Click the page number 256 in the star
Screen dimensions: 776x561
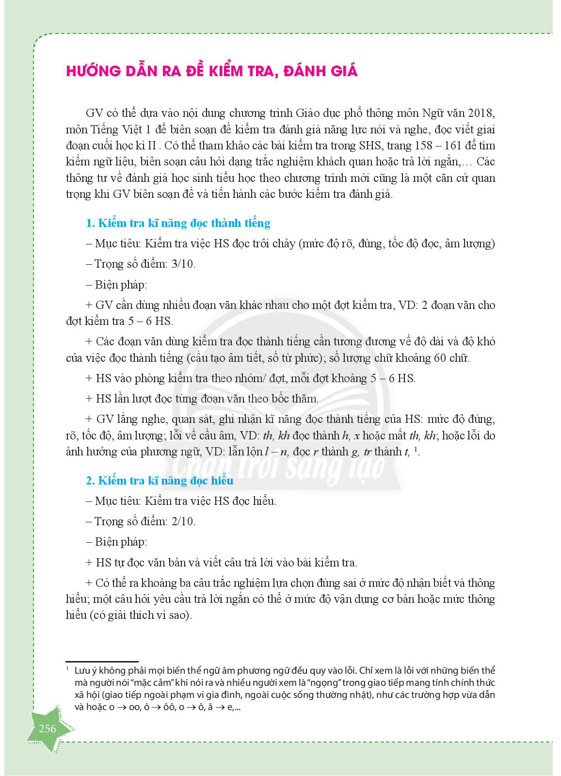tap(48, 728)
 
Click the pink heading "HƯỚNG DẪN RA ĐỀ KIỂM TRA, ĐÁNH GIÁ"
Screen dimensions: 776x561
tap(211, 71)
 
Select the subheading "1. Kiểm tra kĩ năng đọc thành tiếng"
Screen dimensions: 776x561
tap(177, 223)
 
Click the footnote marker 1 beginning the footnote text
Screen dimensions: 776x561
tap(67, 670)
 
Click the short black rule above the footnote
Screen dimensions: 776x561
tap(102, 661)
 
